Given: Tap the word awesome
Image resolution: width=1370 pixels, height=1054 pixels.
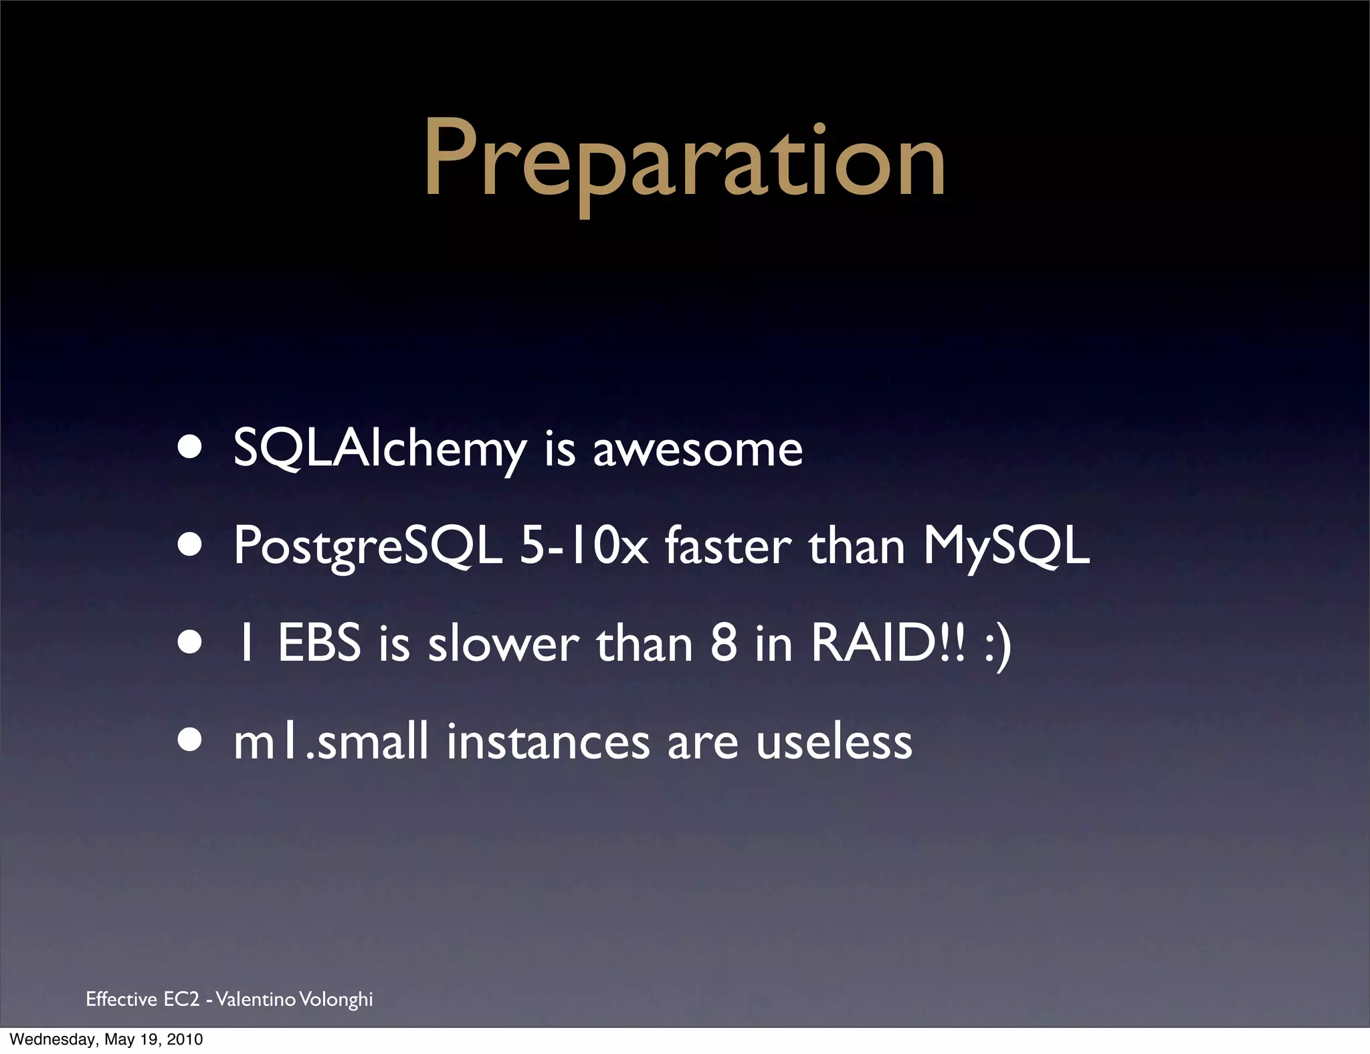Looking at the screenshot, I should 698,449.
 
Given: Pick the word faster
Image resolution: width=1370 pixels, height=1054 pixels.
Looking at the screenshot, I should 728,546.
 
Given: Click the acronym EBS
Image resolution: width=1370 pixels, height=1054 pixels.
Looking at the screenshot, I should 318,643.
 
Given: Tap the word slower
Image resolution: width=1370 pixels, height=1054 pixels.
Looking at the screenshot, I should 503,643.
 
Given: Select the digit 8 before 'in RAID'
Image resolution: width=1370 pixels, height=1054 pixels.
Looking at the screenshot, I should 724,643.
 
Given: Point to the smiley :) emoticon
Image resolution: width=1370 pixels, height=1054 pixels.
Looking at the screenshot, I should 998,646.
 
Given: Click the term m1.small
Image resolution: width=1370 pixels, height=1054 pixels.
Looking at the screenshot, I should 330,741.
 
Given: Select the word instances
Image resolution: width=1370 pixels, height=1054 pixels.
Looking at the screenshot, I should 548,741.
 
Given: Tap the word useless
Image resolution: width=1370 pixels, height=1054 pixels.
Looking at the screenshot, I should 834,741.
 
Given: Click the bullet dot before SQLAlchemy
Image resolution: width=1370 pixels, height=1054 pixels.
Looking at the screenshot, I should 190,448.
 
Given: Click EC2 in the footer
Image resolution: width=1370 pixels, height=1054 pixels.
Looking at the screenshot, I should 181,999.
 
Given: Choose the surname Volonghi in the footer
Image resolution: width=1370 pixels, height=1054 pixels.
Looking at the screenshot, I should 336,999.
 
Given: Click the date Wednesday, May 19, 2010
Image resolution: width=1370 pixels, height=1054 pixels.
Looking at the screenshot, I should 106,1039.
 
